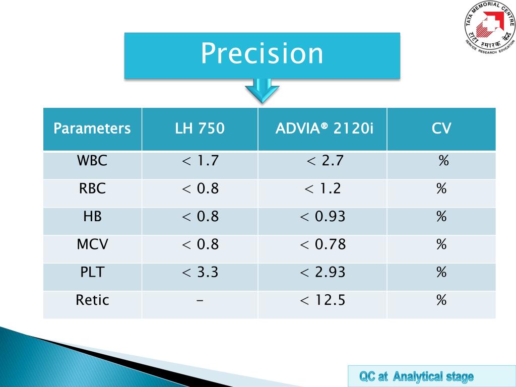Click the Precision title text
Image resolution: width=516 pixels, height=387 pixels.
point(262,54)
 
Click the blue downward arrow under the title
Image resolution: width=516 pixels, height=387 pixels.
point(262,91)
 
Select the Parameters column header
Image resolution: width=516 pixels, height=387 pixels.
point(92,128)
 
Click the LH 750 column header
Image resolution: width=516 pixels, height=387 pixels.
point(200,128)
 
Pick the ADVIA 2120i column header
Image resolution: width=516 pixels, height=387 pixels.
point(325,128)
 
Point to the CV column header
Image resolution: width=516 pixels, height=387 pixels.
point(441,128)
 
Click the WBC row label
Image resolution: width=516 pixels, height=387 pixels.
point(92,161)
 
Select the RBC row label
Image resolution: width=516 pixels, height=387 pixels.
point(92,189)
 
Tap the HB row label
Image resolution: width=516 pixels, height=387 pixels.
point(92,217)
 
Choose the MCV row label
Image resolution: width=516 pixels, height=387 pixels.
point(92,245)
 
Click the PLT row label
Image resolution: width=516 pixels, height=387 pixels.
point(92,273)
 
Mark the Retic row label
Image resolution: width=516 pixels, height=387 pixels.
point(92,301)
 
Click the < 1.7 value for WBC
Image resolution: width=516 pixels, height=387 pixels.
point(200,161)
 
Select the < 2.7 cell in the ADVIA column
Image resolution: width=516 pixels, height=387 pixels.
point(325,161)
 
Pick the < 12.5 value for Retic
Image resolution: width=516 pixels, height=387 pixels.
point(322,301)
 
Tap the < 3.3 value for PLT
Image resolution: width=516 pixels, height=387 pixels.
point(200,273)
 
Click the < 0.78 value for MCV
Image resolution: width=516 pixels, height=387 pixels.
point(322,245)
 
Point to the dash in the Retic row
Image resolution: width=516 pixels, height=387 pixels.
point(200,301)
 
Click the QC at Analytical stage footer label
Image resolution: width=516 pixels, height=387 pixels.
point(416,376)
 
